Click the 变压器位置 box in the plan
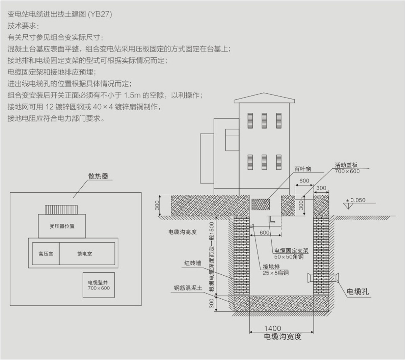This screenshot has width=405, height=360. point(62,226)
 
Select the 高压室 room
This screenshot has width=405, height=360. point(46,254)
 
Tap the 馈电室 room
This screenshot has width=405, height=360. point(87,254)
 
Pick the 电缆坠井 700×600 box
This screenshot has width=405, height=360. point(99,285)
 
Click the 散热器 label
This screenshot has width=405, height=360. point(98,176)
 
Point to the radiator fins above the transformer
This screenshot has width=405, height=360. point(61,210)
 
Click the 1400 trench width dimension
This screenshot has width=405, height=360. point(273,328)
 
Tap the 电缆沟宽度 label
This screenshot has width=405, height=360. point(283,337)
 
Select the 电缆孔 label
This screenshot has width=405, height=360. point(358,292)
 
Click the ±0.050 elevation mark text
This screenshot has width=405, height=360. point(356,200)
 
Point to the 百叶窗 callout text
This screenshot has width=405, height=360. point(303,169)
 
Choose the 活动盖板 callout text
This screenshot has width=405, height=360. point(346,165)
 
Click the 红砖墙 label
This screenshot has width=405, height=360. point(193,263)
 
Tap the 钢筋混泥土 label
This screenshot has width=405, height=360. point(188,288)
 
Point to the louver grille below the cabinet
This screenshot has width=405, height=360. point(261,204)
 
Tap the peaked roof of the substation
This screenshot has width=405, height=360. point(264,98)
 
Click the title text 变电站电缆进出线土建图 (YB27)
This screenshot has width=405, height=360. point(60,14)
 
